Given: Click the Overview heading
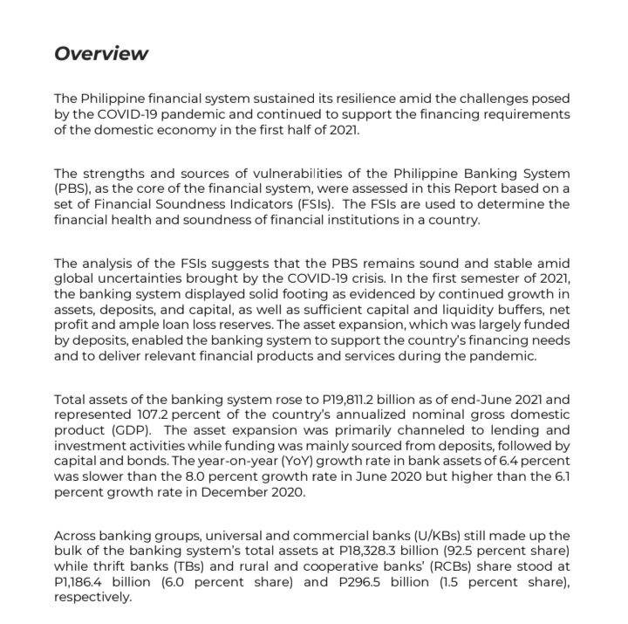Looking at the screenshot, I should pyautogui.click(x=101, y=53).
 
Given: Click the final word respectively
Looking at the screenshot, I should pyautogui.click(x=92, y=598).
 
